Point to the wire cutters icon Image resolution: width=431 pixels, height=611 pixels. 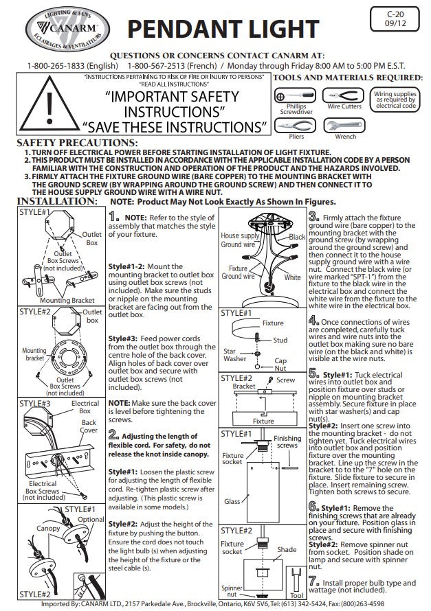pos(344,95)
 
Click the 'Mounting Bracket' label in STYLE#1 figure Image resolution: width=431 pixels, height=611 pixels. pos(67,301)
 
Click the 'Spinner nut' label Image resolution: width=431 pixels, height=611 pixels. pos(231,590)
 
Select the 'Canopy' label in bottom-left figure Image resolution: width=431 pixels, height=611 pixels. pos(48,529)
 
